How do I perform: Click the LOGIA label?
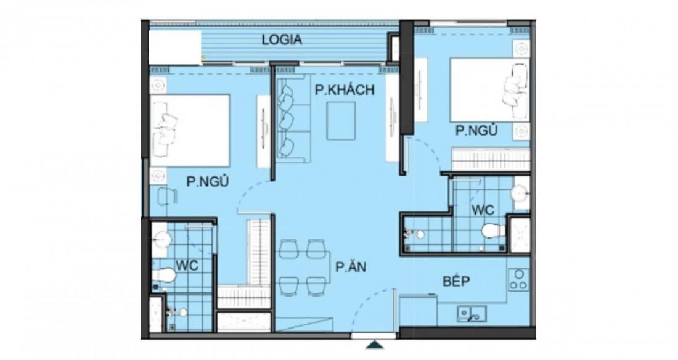coord(282,41)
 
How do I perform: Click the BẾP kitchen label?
coord(457,282)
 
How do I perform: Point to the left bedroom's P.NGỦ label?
coord(203,181)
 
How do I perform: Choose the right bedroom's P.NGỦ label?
coord(476,131)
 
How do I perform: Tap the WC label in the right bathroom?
coord(484,210)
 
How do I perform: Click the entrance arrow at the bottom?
coord(374,345)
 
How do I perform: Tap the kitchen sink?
coord(472,314)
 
